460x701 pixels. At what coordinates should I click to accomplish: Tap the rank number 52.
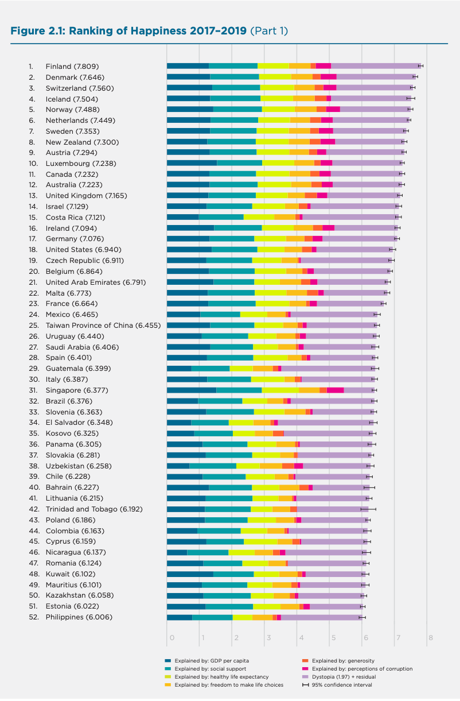tap(33, 617)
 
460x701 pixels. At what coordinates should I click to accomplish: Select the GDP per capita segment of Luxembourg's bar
tap(192, 163)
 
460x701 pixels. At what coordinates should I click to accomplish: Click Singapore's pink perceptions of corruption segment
tap(335, 390)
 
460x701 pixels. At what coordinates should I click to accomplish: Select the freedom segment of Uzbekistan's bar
tap(271, 466)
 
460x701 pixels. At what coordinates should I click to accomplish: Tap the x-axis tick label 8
tap(430, 638)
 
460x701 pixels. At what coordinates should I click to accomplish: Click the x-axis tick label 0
tap(171, 638)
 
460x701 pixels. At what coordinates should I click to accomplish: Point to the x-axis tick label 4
tap(299, 638)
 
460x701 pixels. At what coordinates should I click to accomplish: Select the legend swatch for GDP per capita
tap(168, 661)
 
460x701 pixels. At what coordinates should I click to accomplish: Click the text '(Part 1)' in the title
tap(269, 30)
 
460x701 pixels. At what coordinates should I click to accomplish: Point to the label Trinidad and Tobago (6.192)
tap(94, 509)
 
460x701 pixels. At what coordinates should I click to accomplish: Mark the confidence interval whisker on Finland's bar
tap(421, 66)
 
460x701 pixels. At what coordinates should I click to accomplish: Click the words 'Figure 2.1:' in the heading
tap(38, 30)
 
